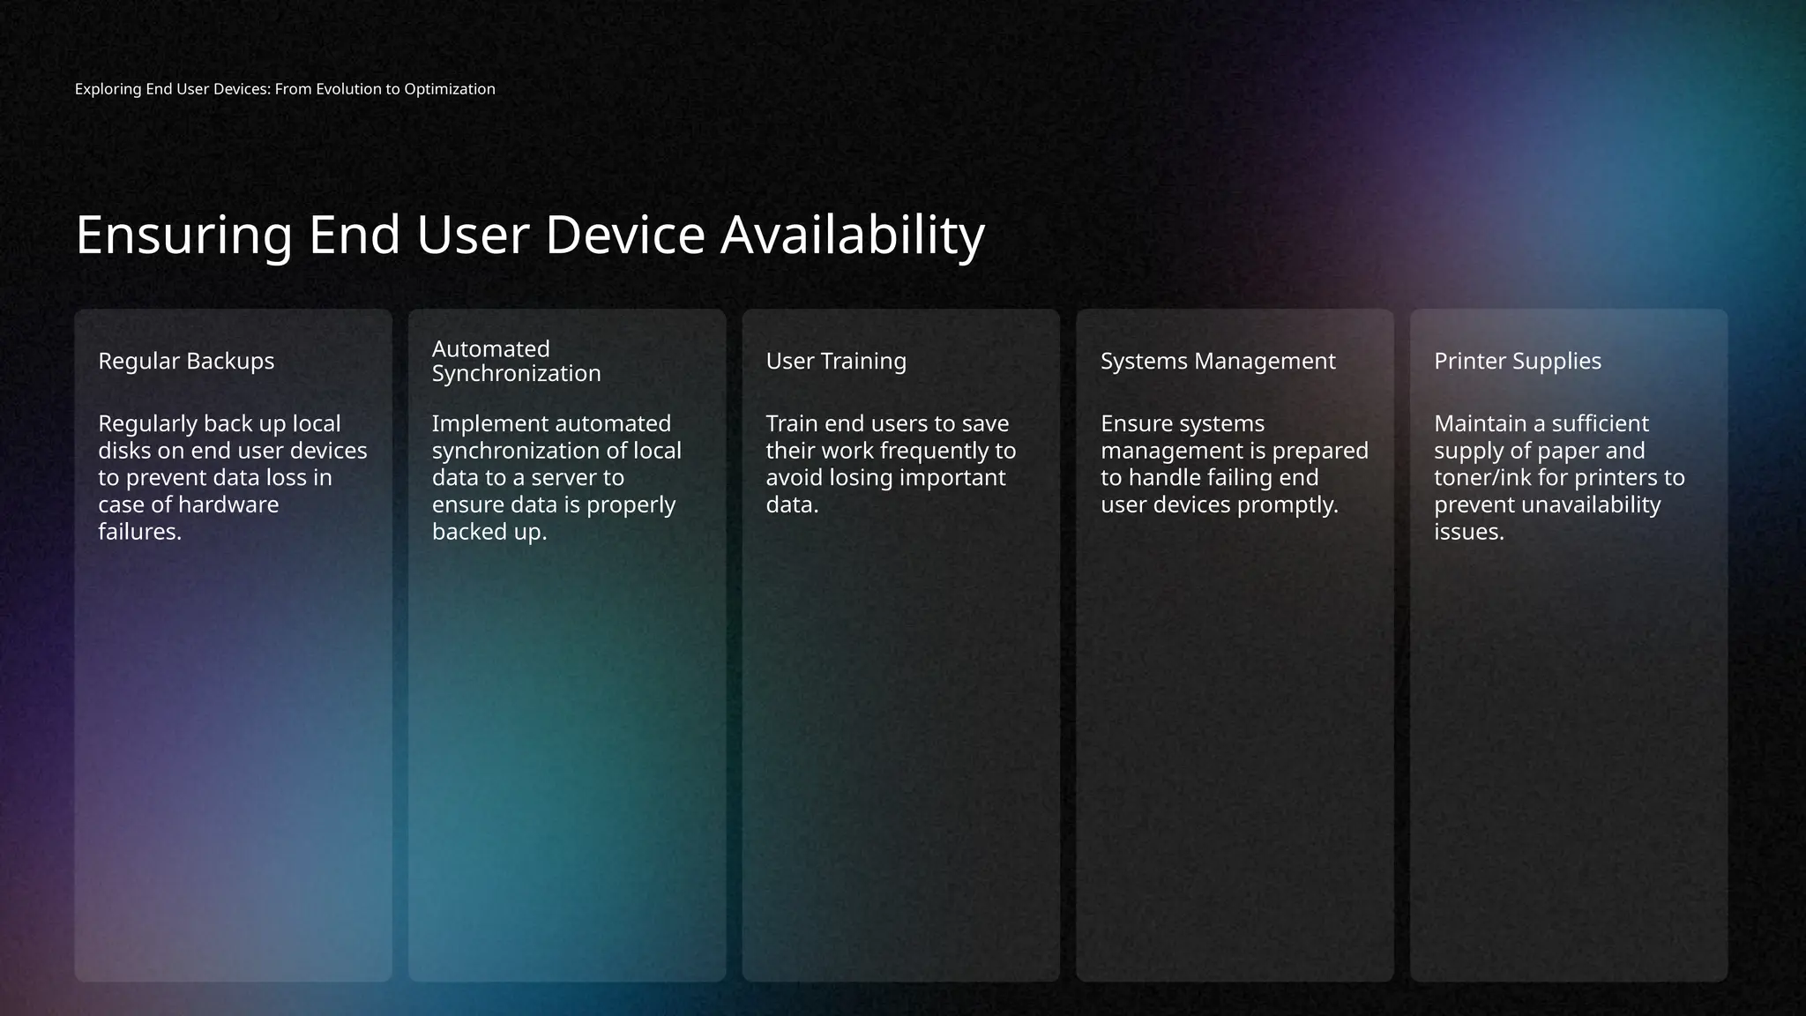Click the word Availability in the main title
[x=852, y=235]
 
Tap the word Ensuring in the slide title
[x=183, y=235]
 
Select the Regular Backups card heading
[x=186, y=361]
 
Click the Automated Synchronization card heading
[x=516, y=361]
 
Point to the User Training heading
[x=836, y=361]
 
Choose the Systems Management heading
[x=1218, y=361]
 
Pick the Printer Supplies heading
[x=1518, y=361]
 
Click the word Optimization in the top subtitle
[x=450, y=89]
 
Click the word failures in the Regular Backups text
[x=139, y=532]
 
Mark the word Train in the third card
[x=791, y=423]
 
